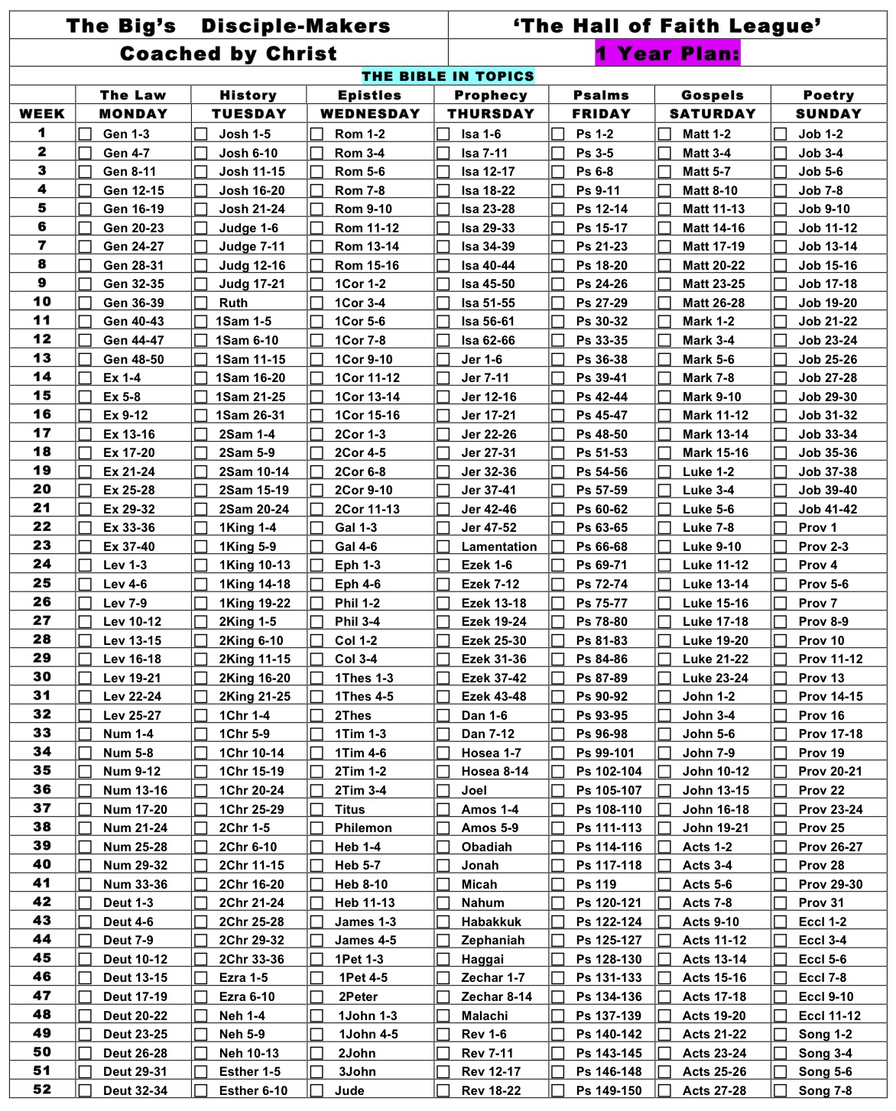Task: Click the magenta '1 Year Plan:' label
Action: tap(667, 53)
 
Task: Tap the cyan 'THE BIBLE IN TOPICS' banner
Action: tap(448, 76)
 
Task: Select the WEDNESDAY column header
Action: tap(370, 114)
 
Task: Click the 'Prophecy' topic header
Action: tap(491, 96)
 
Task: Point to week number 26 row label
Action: tap(42, 602)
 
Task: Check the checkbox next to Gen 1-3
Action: tap(85, 134)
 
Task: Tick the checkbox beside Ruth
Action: tap(201, 303)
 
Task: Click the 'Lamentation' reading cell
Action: tap(498, 546)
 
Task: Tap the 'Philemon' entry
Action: tap(363, 828)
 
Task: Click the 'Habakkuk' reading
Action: tap(491, 922)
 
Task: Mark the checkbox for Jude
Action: tap(317, 1091)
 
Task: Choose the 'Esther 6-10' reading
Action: tap(253, 1090)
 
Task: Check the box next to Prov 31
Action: tap(781, 903)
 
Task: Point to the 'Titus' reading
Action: tap(349, 809)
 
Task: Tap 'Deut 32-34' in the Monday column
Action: tap(135, 1090)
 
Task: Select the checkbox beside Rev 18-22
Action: tap(443, 1091)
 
